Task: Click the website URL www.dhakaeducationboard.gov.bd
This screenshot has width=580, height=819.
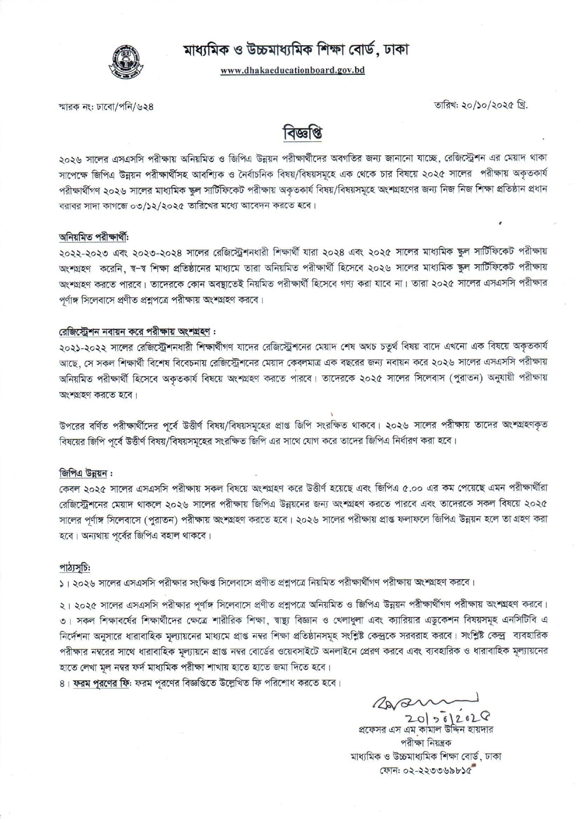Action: [293, 70]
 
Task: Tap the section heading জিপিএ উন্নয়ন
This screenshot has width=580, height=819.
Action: [85, 473]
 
